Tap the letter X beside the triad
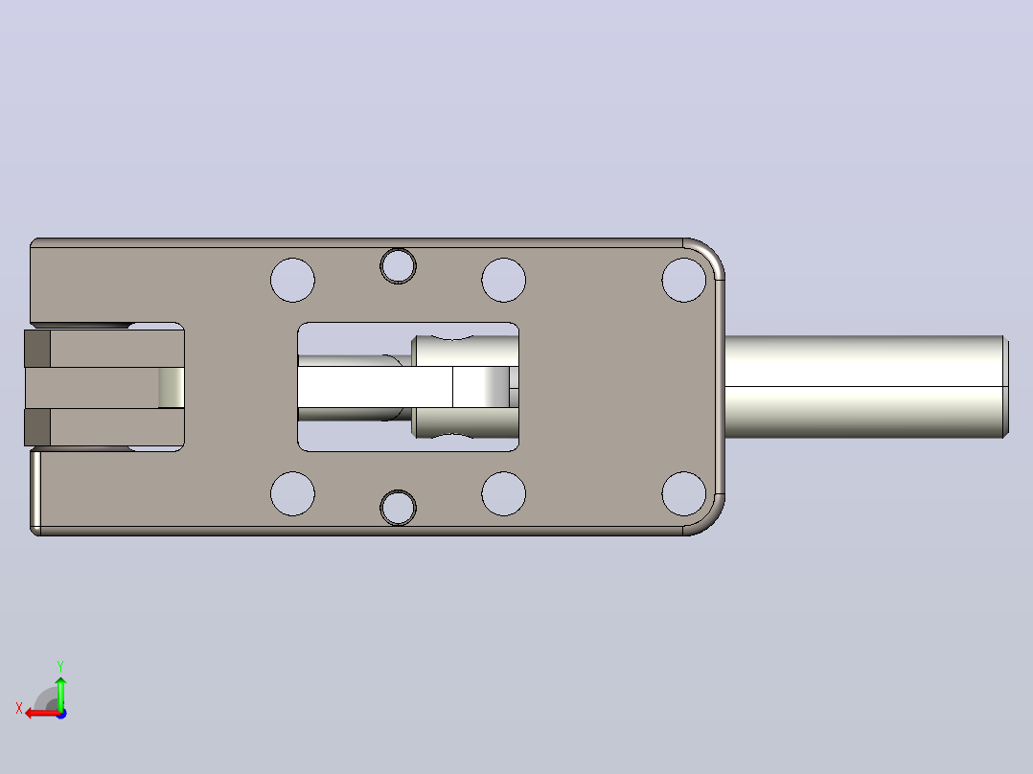point(19,709)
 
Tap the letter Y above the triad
point(60,666)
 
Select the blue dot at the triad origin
point(62,714)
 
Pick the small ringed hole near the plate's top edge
point(398,266)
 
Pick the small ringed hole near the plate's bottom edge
point(398,507)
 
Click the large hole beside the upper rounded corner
point(684,280)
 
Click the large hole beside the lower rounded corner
point(684,493)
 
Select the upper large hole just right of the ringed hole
point(503,280)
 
